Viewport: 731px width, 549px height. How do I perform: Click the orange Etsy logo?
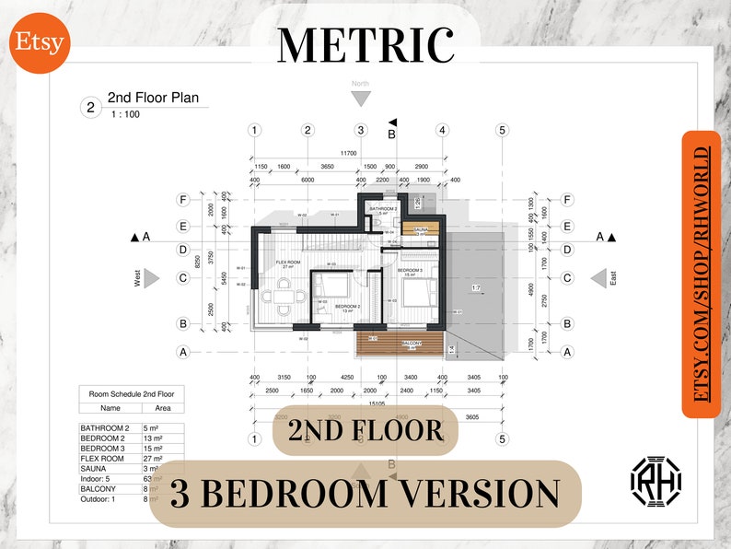pos(40,41)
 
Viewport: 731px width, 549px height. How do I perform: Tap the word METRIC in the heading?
pos(365,44)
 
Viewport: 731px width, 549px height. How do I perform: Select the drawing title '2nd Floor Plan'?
pos(153,98)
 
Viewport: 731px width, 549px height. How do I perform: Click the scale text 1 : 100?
pos(125,115)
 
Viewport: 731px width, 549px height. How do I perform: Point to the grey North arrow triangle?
pos(361,98)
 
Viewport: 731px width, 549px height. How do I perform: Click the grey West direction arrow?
pos(152,278)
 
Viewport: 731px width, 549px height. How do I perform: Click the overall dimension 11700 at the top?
pos(348,153)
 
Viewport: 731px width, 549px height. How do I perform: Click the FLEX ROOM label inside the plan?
pos(289,263)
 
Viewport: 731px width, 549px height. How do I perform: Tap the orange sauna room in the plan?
pos(419,229)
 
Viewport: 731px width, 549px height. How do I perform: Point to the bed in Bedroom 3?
pos(411,296)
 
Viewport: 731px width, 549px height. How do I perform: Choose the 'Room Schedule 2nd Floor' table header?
pos(130,393)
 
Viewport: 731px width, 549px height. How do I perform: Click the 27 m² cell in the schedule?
pos(153,458)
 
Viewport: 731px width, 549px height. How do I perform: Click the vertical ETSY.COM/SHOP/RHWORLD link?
pos(702,274)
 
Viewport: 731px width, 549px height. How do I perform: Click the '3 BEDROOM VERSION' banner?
pos(365,494)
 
